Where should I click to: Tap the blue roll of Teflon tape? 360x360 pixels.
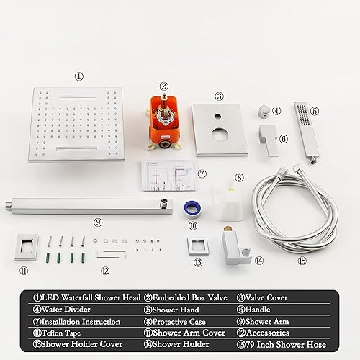tap(192, 206)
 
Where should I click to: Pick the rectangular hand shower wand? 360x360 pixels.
tap(306, 133)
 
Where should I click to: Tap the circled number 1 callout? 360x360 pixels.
tap(79, 76)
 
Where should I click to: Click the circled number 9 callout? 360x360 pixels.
tap(98, 222)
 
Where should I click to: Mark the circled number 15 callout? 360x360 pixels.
tap(302, 260)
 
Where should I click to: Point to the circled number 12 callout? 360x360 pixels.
tap(105, 271)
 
